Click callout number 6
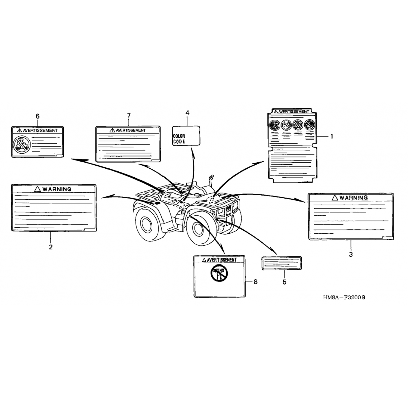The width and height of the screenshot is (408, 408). (38, 116)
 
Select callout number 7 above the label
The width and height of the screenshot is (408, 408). (129, 115)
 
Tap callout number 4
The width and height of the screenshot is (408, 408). (187, 113)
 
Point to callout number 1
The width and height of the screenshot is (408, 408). (332, 137)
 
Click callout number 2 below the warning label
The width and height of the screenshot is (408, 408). (51, 247)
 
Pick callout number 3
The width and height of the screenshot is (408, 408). (351, 255)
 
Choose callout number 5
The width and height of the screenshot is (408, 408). (284, 282)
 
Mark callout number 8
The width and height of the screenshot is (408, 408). (255, 282)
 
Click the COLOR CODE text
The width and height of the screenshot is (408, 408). (179, 139)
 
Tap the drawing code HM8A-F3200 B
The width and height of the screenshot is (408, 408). (344, 297)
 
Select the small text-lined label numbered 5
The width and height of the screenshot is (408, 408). (282, 263)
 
